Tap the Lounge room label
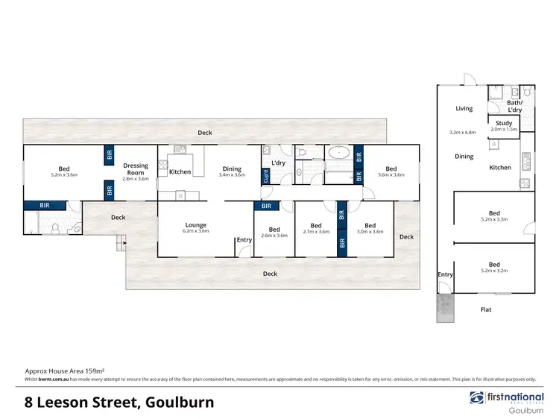pyautogui.click(x=196, y=224)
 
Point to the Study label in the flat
pyautogui.click(x=503, y=122)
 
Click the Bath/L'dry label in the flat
pyautogui.click(x=514, y=105)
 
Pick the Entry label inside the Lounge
pyautogui.click(x=244, y=239)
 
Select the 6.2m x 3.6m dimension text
pyautogui.click(x=196, y=231)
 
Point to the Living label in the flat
pyautogui.click(x=464, y=109)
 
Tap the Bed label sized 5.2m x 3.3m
pyautogui.click(x=494, y=212)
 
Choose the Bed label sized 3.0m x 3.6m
pyautogui.click(x=370, y=225)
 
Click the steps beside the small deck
pyautogui.click(x=119, y=243)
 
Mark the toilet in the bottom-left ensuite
pyautogui.click(x=56, y=227)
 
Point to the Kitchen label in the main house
pyautogui.click(x=180, y=172)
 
